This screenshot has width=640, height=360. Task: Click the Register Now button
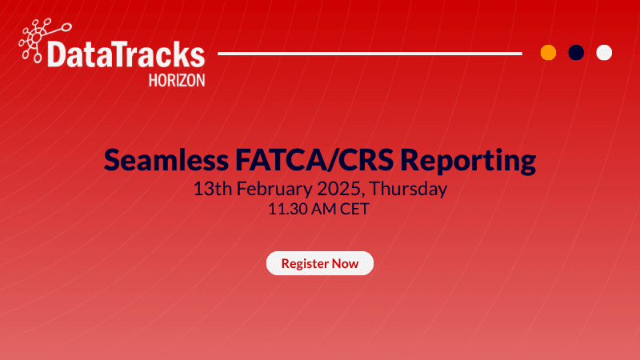click(x=320, y=263)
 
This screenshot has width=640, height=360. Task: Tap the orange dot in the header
click(x=548, y=53)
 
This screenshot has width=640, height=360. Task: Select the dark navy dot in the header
click(x=576, y=53)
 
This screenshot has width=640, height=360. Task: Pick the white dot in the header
click(x=604, y=53)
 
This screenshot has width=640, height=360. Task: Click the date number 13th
click(x=210, y=190)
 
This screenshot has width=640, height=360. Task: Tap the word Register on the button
click(x=303, y=263)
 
